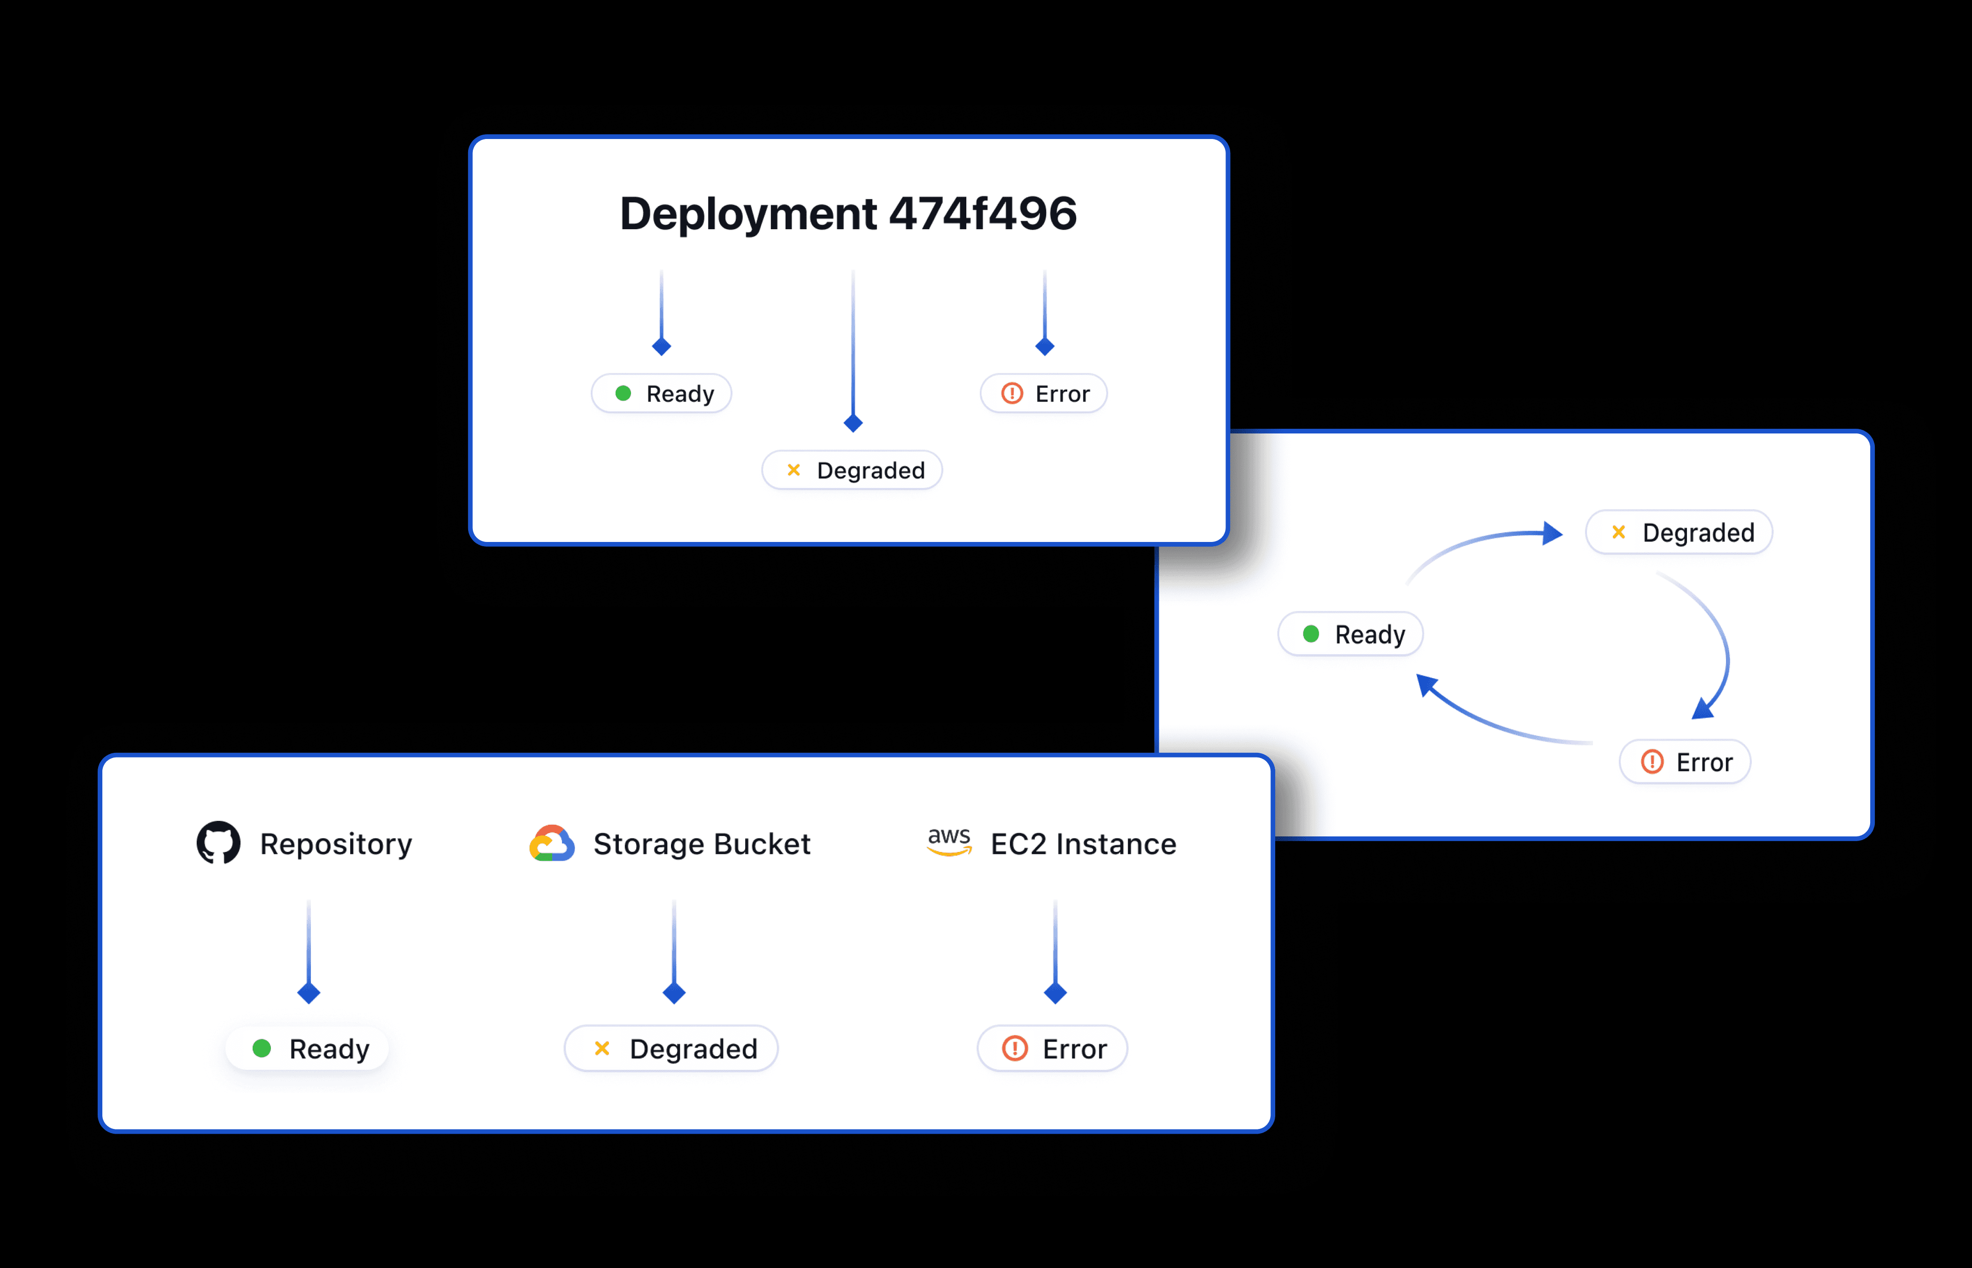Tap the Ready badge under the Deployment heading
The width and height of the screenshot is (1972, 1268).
click(662, 394)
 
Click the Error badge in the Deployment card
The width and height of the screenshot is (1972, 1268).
click(1044, 394)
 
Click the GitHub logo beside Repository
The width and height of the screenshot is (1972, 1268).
click(219, 843)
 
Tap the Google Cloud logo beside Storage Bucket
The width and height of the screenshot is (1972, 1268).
click(551, 843)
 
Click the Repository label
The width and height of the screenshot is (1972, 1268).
click(336, 844)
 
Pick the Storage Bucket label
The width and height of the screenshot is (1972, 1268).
click(702, 844)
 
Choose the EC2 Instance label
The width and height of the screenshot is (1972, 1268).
click(1083, 844)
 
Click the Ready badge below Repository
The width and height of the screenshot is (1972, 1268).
click(307, 1048)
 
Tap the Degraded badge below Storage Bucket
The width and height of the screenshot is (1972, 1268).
click(671, 1048)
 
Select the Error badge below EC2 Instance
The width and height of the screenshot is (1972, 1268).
click(1052, 1048)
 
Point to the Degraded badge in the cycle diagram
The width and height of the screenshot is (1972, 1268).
click(1679, 532)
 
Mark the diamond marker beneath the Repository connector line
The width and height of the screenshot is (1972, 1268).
click(308, 993)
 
